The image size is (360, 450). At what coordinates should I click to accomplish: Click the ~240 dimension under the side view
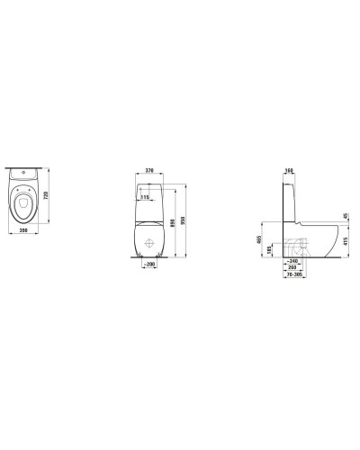(292, 261)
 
